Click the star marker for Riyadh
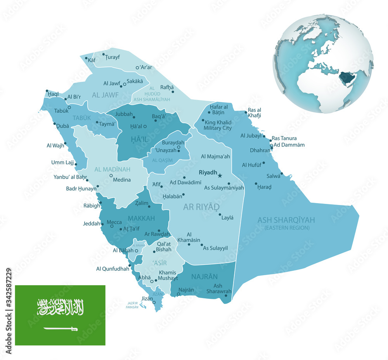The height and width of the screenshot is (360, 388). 220,176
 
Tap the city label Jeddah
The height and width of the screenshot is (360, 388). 92,224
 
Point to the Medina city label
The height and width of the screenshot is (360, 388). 122,179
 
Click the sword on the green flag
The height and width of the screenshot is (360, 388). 61,329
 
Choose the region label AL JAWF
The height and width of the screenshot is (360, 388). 105,95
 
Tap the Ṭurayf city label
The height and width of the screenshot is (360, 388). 112,57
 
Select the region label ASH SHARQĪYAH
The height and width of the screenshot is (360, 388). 286,220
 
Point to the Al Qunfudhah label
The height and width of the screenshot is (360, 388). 113,269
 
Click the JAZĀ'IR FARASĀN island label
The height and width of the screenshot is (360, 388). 132,305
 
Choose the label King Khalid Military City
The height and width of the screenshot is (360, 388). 218,125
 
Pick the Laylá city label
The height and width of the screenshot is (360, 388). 227,218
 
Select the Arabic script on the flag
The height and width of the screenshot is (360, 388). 61,307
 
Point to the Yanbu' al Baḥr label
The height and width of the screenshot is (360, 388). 70,177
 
